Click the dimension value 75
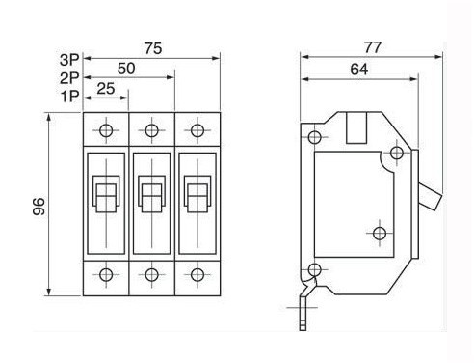[x=153, y=48]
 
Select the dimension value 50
[x=126, y=69]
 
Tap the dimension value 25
[x=106, y=89]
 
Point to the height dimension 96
[x=39, y=207]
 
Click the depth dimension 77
[x=373, y=47]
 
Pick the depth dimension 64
[x=359, y=70]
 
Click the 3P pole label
[x=69, y=60]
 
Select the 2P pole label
[x=69, y=78]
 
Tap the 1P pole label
[x=70, y=96]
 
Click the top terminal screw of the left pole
[x=106, y=130]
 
